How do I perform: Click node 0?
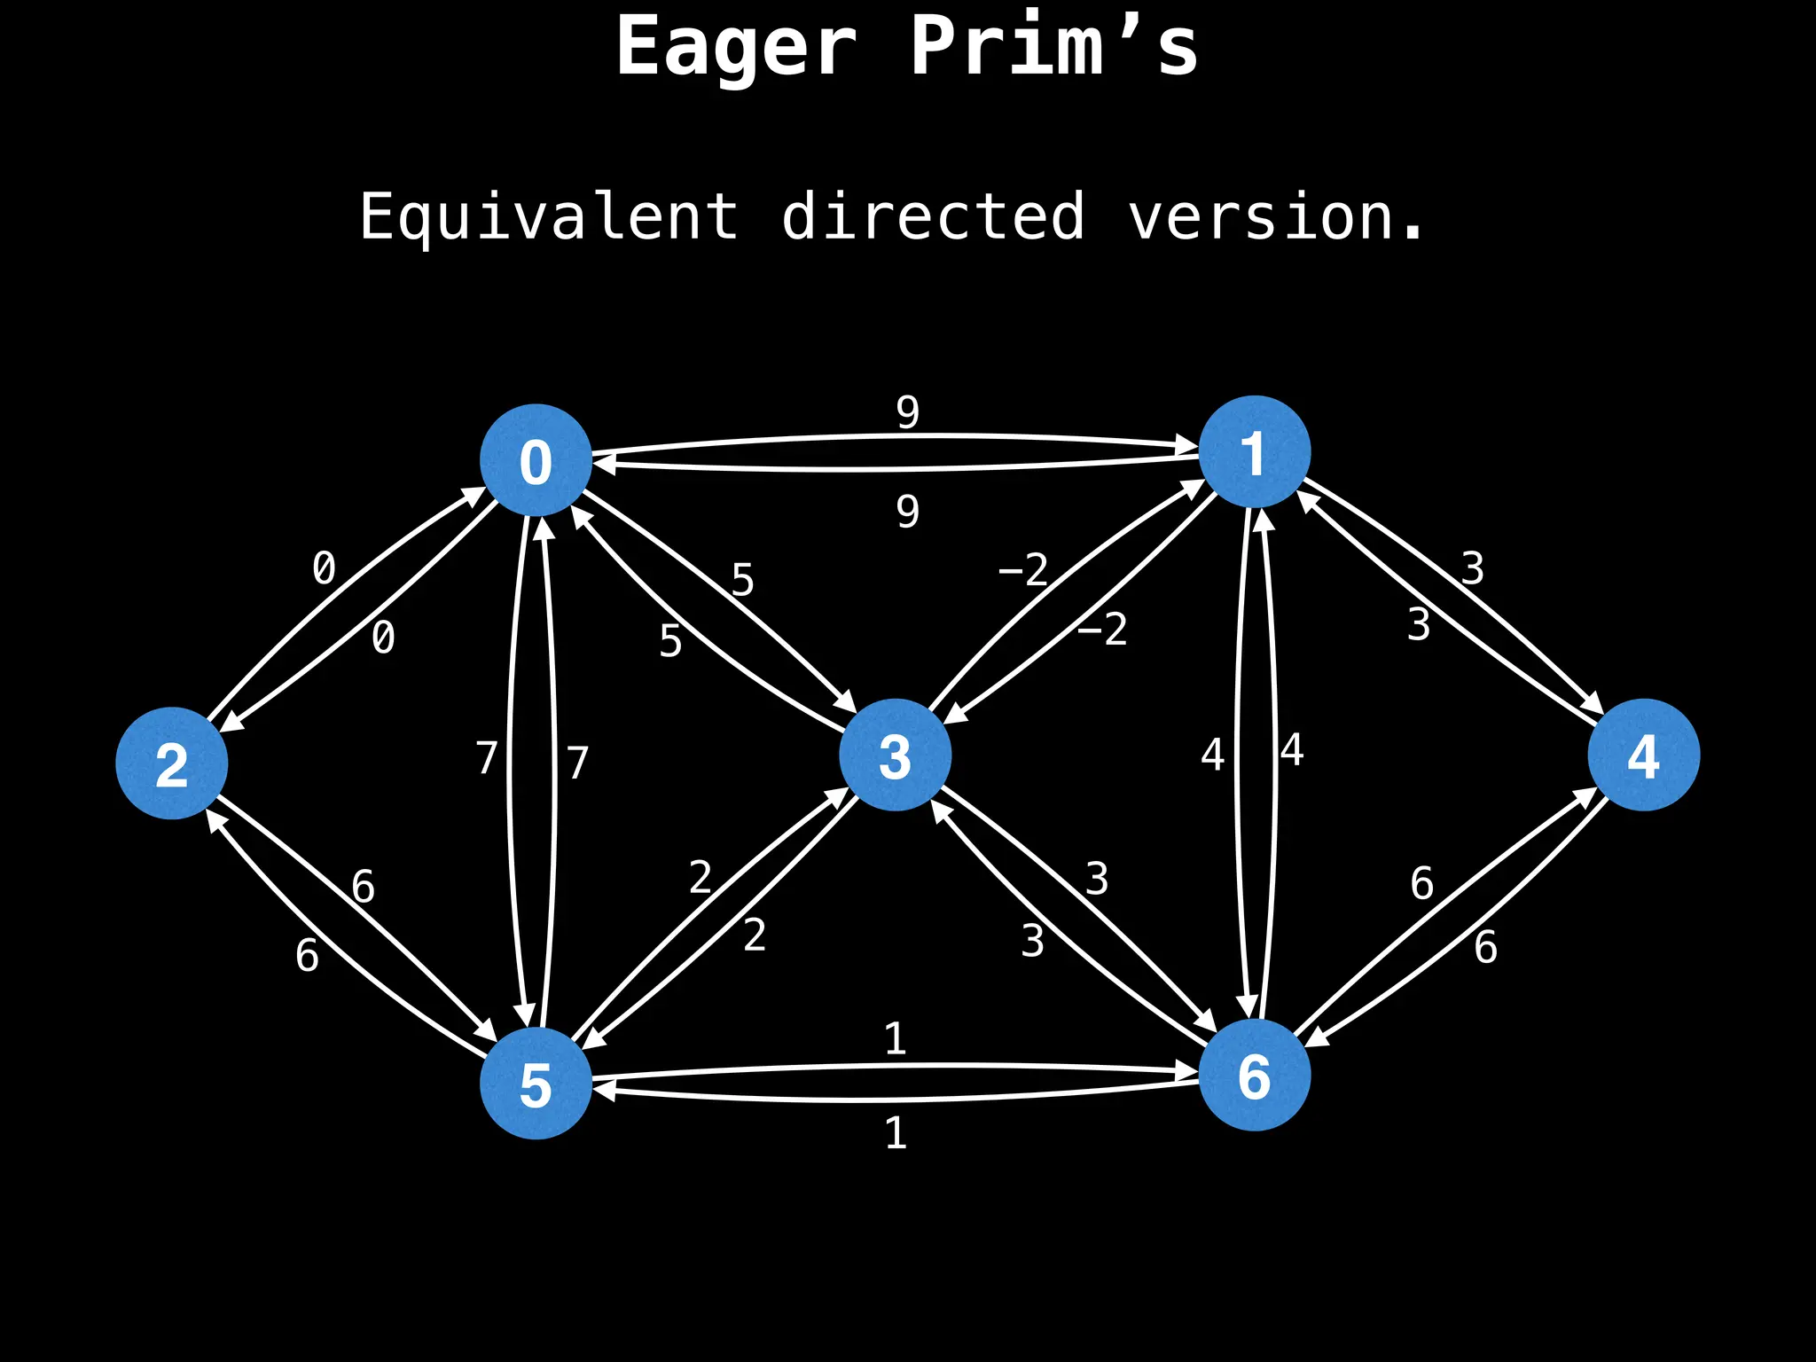pos(536,460)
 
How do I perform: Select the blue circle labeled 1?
pos(1254,452)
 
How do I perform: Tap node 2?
pos(172,763)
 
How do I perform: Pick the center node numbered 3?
pos(895,755)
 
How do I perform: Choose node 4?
pos(1643,755)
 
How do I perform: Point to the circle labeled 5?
pos(536,1084)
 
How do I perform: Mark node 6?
pos(1254,1076)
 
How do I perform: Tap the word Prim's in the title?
pos(1053,46)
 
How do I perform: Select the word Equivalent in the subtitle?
pos(548,218)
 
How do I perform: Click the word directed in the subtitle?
pos(933,216)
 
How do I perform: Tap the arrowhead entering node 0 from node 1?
pos(604,462)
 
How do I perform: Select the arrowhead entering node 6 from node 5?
pos(1188,1074)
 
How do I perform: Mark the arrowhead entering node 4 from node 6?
pos(1587,794)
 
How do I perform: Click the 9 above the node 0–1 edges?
pos(907,412)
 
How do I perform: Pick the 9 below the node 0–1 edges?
pos(907,512)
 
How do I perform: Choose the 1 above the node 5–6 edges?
pos(896,1039)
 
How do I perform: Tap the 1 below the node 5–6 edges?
pos(896,1134)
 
